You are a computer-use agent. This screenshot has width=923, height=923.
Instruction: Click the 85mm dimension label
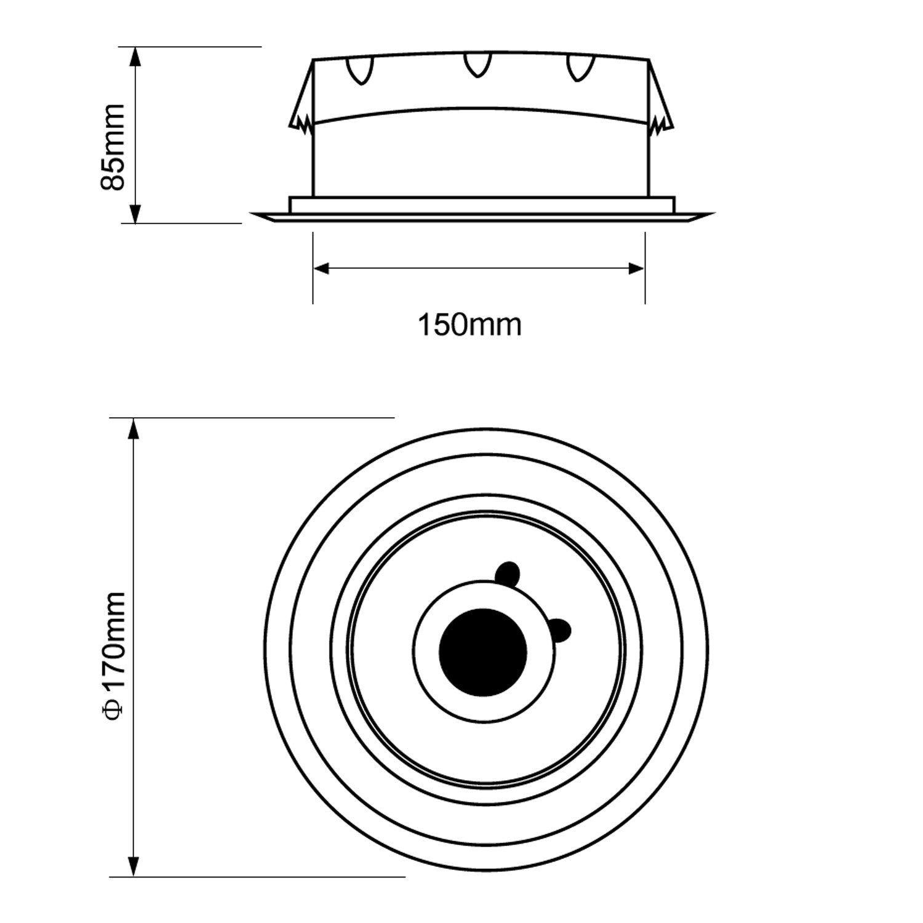tap(113, 148)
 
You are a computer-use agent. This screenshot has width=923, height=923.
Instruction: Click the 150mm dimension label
tap(469, 324)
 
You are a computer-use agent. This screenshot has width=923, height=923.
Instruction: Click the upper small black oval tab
tap(508, 572)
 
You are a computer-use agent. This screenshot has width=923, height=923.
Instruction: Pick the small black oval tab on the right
tap(559, 629)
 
